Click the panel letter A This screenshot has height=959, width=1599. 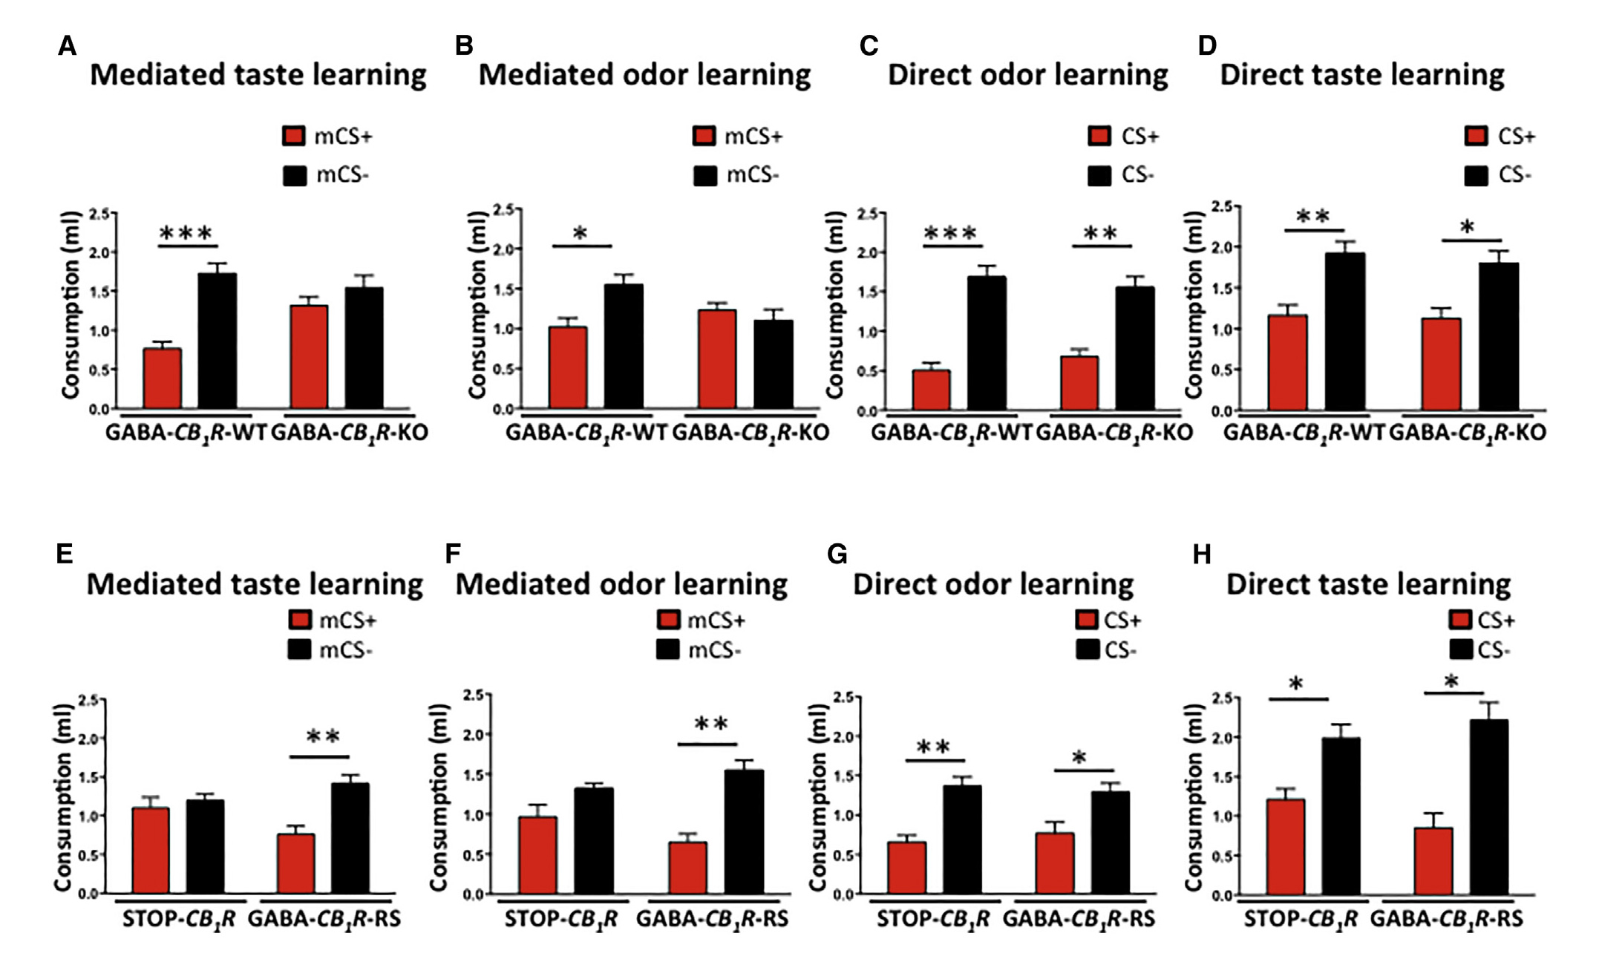click(67, 46)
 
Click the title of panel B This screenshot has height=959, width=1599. click(644, 75)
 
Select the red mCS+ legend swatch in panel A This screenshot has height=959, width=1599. click(294, 136)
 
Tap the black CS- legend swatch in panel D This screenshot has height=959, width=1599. click(1476, 175)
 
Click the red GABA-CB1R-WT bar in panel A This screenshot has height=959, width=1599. click(163, 378)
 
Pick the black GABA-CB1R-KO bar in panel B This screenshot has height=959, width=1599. click(774, 364)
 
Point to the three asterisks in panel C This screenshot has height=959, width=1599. click(951, 234)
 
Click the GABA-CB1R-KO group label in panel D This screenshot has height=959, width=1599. click(1468, 432)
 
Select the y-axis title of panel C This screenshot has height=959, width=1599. click(835, 304)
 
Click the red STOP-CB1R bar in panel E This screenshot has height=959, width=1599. click(151, 850)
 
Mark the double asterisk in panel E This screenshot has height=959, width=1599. click(323, 737)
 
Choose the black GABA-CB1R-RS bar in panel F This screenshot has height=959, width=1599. click(744, 831)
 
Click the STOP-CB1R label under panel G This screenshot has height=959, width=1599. click(932, 919)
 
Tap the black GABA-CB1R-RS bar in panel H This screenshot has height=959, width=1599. click(1488, 807)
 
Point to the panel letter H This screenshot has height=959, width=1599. click(1202, 554)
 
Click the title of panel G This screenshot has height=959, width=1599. click(993, 584)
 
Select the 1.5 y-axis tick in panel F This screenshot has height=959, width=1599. click(473, 774)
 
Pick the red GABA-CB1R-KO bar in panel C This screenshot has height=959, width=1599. click(1079, 383)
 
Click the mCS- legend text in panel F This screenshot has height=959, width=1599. click(715, 650)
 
